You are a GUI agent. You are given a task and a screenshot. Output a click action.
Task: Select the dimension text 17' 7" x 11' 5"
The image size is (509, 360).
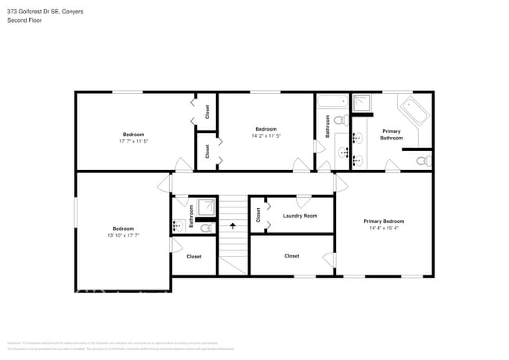(133, 142)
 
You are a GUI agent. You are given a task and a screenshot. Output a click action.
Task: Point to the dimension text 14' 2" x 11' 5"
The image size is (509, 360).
(265, 135)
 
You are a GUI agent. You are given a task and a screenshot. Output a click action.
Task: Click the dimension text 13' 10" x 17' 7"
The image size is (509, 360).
(123, 236)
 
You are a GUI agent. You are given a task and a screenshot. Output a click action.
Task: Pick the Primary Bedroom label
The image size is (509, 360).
(384, 221)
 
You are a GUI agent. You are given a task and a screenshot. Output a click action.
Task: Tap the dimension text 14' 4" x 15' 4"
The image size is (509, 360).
(384, 229)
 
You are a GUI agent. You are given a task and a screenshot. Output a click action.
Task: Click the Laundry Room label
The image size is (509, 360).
(300, 215)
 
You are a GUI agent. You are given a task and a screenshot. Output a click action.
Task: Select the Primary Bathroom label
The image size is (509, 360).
(392, 135)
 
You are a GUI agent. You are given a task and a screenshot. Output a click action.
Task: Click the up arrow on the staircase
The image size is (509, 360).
(232, 226)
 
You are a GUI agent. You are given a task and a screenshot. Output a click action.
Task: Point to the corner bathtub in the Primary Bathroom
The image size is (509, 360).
(414, 113)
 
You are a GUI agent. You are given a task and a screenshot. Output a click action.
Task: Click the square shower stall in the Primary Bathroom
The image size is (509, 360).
(363, 103)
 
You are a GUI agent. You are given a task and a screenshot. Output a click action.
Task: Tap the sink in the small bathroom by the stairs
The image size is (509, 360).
(177, 227)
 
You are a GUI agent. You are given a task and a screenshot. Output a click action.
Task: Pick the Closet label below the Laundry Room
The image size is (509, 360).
(291, 256)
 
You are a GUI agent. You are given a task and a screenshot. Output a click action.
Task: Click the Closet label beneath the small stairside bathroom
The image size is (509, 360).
(193, 256)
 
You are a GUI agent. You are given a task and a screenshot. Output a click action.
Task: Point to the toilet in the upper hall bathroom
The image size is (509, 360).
(340, 121)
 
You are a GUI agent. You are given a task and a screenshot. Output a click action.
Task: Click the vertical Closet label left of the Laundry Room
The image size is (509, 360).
(258, 214)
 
